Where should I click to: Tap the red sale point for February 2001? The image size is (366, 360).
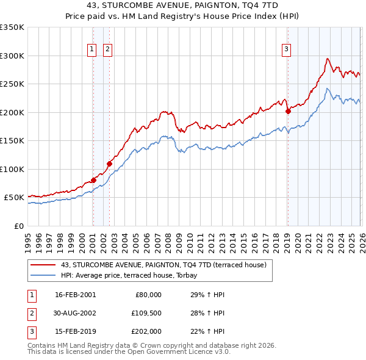pos(93,180)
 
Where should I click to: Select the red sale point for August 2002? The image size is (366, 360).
pos(110,164)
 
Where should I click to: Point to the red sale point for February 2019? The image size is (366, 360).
pos(287,111)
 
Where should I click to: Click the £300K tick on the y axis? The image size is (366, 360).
pos(12,56)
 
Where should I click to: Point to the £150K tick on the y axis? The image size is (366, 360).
pos(12,140)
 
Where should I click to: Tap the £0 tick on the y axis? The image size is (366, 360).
pos(18,226)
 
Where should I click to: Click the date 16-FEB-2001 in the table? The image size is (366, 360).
pos(75,295)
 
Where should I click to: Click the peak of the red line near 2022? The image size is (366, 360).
pos(328,59)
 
